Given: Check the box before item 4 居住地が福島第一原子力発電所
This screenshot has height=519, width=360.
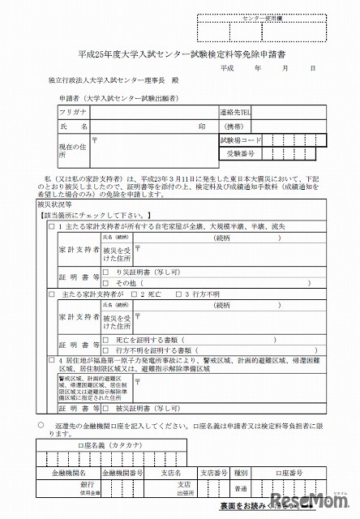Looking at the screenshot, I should click(51, 358).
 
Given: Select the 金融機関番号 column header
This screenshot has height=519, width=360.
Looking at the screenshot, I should click(122, 470).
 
